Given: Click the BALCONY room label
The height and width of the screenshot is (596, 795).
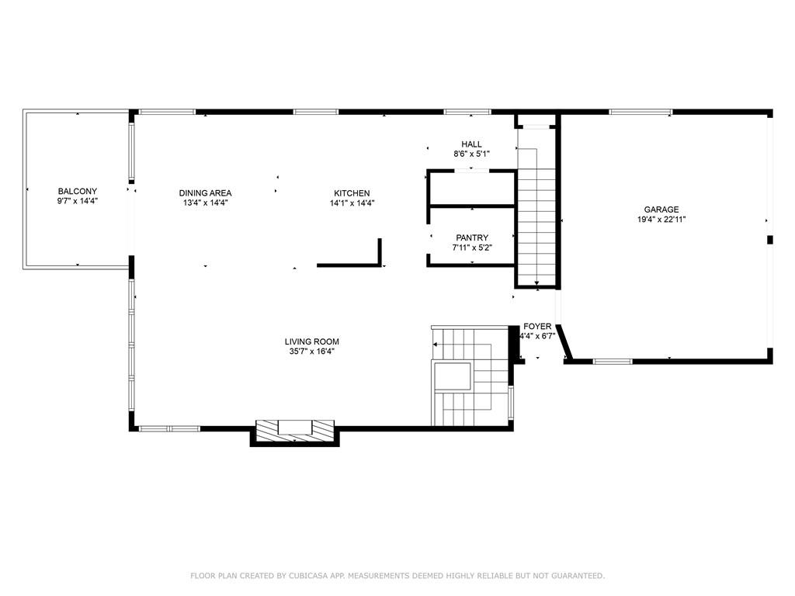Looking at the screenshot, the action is [78, 191].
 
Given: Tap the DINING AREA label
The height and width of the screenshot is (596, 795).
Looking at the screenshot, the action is [205, 193].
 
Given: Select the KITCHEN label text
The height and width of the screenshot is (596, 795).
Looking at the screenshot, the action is [352, 193].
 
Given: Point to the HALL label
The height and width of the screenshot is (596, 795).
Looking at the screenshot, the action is [471, 144].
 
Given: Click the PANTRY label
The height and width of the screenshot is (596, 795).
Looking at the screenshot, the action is [472, 237].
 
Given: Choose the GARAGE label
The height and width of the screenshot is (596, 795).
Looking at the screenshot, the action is [661, 210].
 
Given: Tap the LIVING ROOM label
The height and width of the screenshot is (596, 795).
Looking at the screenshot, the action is [312, 341].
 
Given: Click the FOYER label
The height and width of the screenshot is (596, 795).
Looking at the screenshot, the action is [537, 327].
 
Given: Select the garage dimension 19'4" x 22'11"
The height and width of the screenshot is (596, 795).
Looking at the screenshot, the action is [661, 220].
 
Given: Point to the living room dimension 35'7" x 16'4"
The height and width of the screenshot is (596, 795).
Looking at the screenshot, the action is [312, 352].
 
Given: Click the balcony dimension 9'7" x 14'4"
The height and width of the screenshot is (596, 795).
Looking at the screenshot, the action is [78, 201].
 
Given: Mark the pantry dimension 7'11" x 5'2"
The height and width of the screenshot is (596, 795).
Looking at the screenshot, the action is [472, 248].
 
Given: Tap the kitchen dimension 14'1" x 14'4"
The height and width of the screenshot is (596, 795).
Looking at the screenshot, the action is [352, 203].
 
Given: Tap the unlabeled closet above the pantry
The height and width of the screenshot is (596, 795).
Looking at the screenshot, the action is [472, 189].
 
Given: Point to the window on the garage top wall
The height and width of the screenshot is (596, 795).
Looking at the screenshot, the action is [641, 112].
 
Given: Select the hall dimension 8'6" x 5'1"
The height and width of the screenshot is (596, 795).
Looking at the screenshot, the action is [471, 154].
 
